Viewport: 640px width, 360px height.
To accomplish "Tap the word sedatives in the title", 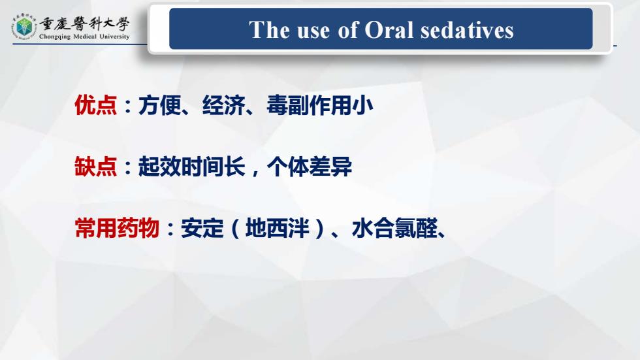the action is point(467,30).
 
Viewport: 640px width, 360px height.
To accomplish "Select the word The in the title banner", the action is point(269,30).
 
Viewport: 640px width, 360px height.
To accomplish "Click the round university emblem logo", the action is point(24,27).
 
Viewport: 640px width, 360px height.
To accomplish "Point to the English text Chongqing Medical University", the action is point(84,37).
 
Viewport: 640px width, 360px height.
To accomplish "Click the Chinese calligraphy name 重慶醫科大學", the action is point(84,24).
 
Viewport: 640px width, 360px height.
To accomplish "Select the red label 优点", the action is point(95,105).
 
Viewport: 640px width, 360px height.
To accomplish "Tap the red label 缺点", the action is point(95,167).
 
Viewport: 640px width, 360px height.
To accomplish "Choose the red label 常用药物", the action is point(117,228).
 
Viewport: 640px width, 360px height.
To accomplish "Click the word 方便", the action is point(159,105).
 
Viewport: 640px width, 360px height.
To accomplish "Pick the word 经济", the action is point(223,105).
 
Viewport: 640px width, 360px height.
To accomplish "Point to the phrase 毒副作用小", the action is point(319,105).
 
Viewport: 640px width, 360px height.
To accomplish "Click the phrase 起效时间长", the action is point(191,167).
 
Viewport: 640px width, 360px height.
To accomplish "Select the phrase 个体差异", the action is point(309,167).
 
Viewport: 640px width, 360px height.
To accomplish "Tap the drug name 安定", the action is point(202,228).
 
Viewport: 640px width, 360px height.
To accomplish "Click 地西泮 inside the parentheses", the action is point(277,228).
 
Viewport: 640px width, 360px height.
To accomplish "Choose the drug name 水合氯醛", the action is point(394,228).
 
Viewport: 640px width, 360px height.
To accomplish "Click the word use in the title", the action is point(313,31).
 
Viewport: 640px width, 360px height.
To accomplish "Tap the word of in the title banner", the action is point(347,30).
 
